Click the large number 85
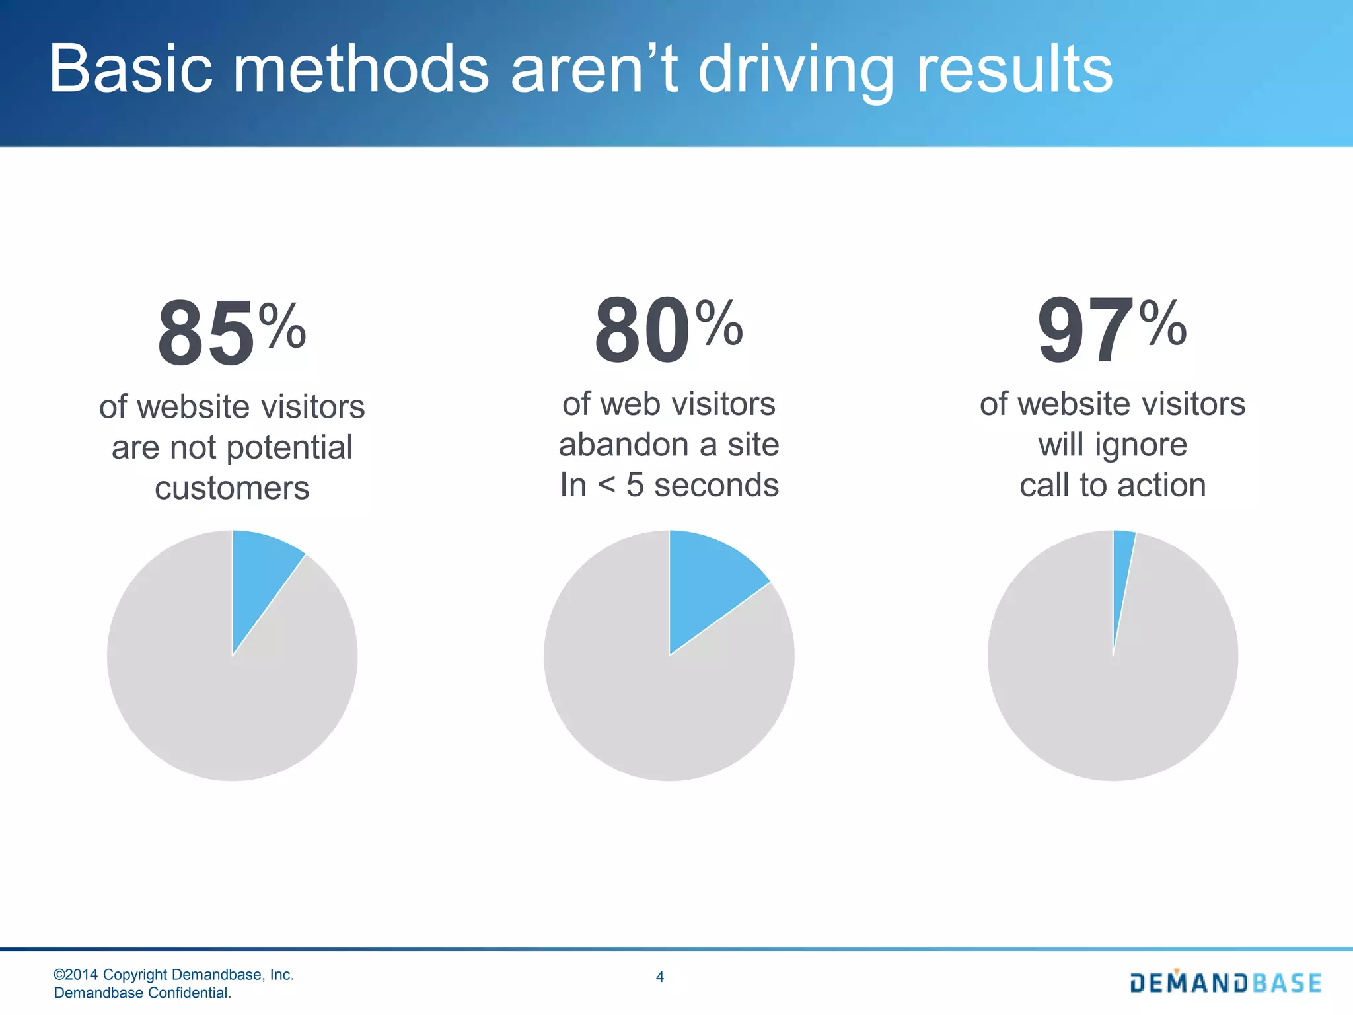205,334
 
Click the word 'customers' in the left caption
232,488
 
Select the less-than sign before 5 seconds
606,486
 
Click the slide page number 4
659,977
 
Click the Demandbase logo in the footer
1225,982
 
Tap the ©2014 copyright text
173,975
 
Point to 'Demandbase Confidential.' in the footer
142,993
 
